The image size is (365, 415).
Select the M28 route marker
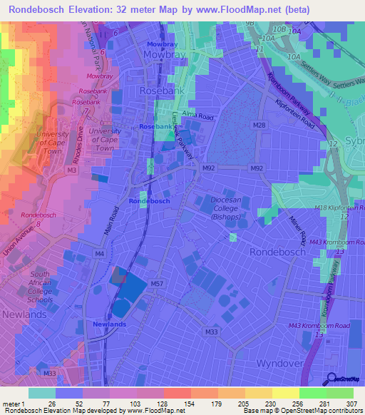(x=259, y=125)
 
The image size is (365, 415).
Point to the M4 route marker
(x=99, y=253)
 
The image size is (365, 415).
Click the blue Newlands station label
(x=109, y=324)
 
